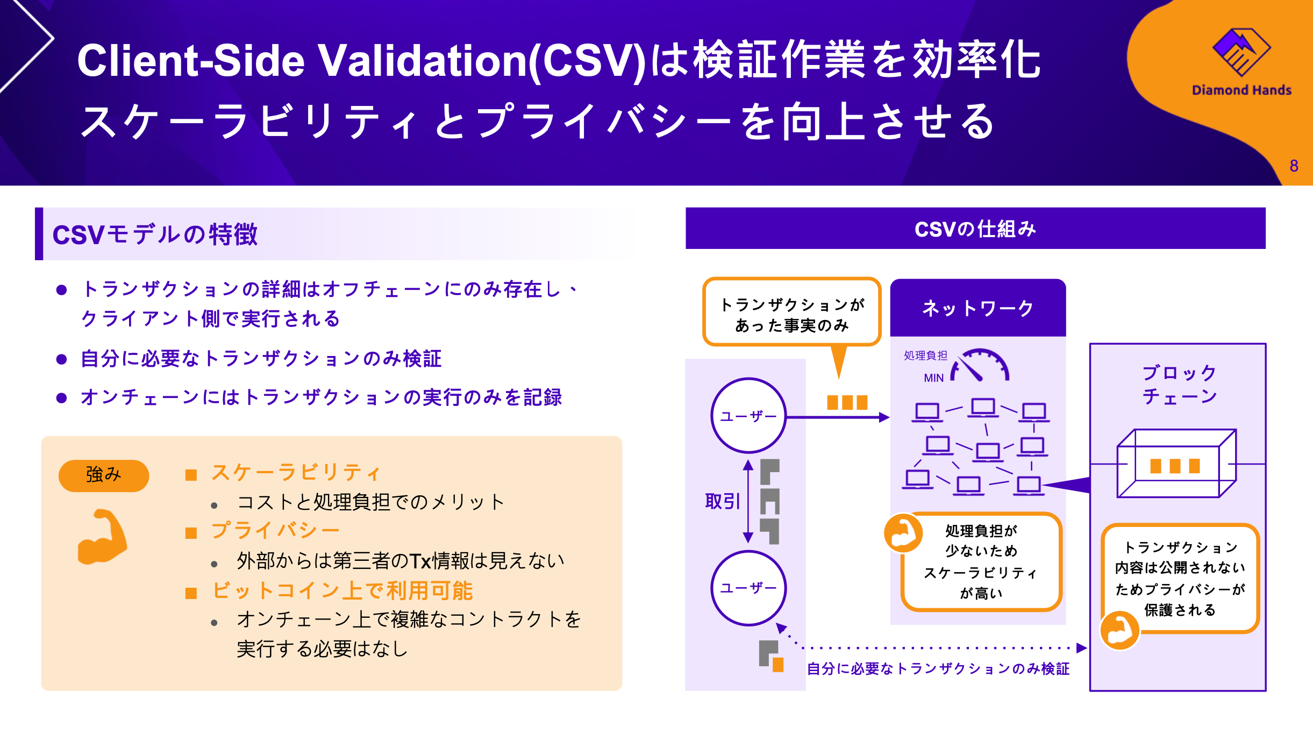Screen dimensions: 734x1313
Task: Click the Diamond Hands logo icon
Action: click(1241, 52)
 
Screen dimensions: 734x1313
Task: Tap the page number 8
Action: click(1294, 166)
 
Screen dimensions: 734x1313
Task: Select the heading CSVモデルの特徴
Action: click(155, 234)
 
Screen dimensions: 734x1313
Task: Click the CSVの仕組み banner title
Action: click(975, 229)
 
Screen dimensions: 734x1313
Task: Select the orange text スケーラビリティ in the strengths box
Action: click(296, 473)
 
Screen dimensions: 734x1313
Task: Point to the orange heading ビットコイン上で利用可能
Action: click(342, 590)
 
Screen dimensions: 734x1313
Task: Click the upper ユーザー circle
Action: click(748, 416)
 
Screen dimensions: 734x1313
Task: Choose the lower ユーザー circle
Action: click(748, 588)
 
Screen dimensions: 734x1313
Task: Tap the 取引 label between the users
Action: click(722, 501)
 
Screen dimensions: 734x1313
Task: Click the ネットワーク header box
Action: click(977, 308)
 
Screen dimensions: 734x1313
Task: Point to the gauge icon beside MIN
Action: click(980, 366)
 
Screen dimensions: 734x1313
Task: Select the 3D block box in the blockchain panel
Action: click(1176, 464)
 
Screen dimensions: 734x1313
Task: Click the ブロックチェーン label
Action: click(1179, 384)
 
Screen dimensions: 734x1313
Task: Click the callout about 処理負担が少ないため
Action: click(981, 561)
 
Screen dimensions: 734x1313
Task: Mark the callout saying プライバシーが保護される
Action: click(1180, 578)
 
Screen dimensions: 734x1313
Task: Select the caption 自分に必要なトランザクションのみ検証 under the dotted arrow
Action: click(938, 668)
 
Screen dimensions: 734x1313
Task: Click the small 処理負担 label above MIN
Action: click(925, 355)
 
